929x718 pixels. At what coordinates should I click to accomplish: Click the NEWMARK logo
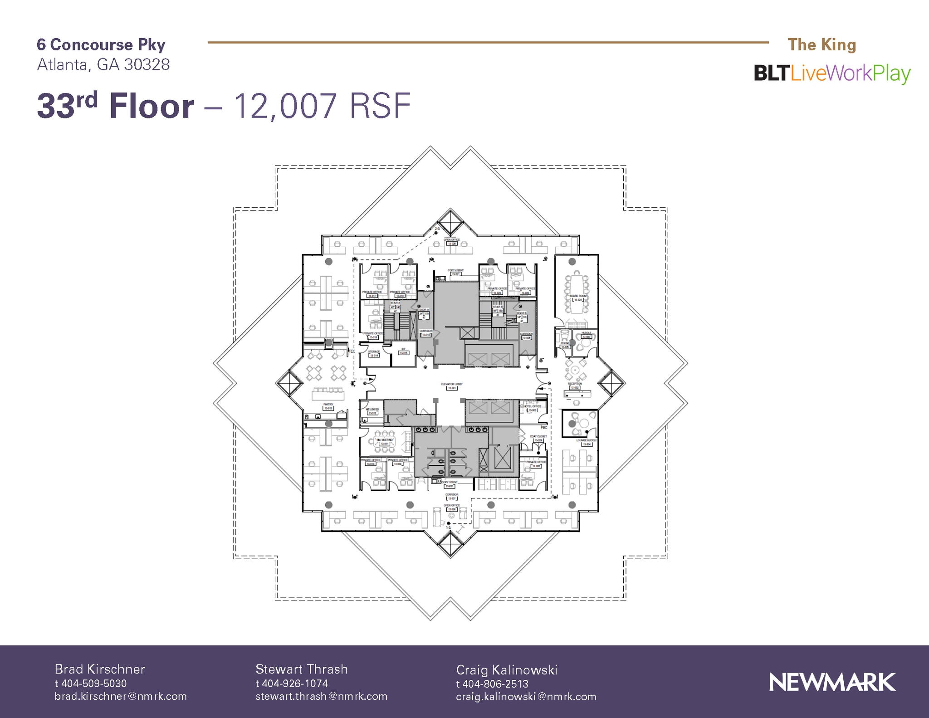[x=832, y=682]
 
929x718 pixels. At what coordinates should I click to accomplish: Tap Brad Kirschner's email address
[x=121, y=696]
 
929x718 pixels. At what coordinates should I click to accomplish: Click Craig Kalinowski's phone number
[x=492, y=684]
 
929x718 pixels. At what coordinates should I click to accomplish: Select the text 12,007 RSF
[x=322, y=106]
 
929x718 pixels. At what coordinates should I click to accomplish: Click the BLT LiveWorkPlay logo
[x=832, y=73]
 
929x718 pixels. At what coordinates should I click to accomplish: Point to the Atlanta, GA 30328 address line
[x=103, y=65]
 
